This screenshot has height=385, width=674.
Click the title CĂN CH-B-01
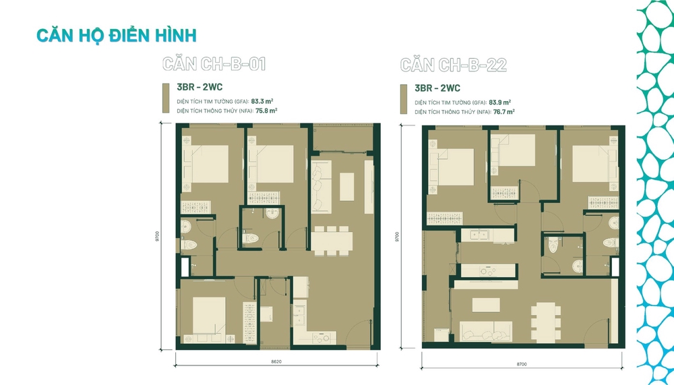point(214,65)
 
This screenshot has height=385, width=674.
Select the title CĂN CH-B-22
point(453,65)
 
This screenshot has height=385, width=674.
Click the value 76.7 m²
point(502,111)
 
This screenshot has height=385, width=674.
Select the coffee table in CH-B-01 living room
point(346,186)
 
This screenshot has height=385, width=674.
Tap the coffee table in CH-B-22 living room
point(486,305)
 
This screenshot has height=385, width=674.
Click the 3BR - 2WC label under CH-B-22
point(437,88)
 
